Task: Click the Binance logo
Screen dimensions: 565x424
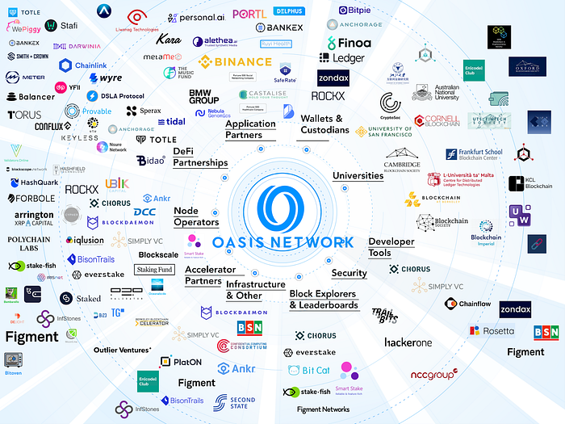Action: click(x=236, y=61)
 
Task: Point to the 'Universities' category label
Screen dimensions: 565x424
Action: click(x=358, y=175)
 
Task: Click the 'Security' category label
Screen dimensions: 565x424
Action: click(x=349, y=273)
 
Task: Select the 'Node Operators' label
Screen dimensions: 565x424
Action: click(x=196, y=216)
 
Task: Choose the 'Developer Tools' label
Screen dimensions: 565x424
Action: click(x=391, y=247)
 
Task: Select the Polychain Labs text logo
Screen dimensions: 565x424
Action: click(x=34, y=245)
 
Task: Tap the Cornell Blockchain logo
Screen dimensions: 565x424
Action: click(x=438, y=121)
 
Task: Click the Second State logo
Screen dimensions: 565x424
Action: click(x=235, y=401)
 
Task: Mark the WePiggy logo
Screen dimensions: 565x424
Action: click(x=26, y=28)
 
